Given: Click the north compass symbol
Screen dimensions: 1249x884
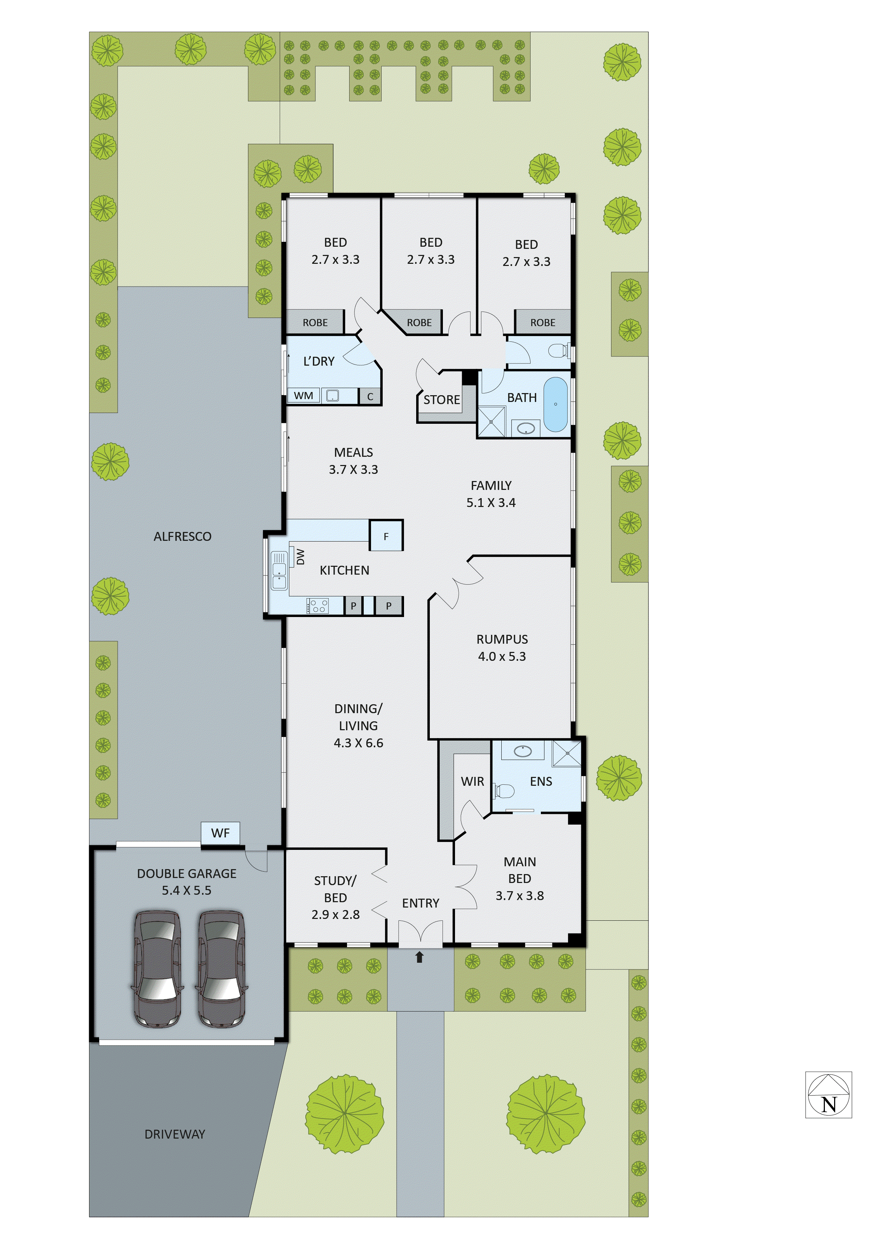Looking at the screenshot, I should click(828, 1095).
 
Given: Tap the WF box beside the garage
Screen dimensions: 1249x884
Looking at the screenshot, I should click(221, 833).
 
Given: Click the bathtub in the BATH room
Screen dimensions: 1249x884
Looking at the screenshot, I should click(556, 404).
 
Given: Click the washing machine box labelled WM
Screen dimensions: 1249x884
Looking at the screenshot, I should click(304, 396).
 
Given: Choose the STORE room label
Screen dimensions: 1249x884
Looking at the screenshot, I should click(441, 400).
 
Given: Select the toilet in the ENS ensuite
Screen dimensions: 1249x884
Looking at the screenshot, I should click(504, 790).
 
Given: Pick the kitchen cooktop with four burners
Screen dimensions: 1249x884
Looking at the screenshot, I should click(317, 606).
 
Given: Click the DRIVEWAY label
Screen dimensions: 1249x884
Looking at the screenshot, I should click(175, 1134).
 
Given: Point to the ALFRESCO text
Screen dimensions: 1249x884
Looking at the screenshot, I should click(182, 536).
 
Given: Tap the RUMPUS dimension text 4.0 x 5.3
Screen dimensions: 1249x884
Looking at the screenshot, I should click(502, 656).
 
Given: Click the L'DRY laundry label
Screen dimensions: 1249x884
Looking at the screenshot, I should click(319, 361).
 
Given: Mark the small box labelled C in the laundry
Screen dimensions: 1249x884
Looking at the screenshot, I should click(370, 397).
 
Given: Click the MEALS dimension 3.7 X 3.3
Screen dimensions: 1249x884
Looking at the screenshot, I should click(353, 470).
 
